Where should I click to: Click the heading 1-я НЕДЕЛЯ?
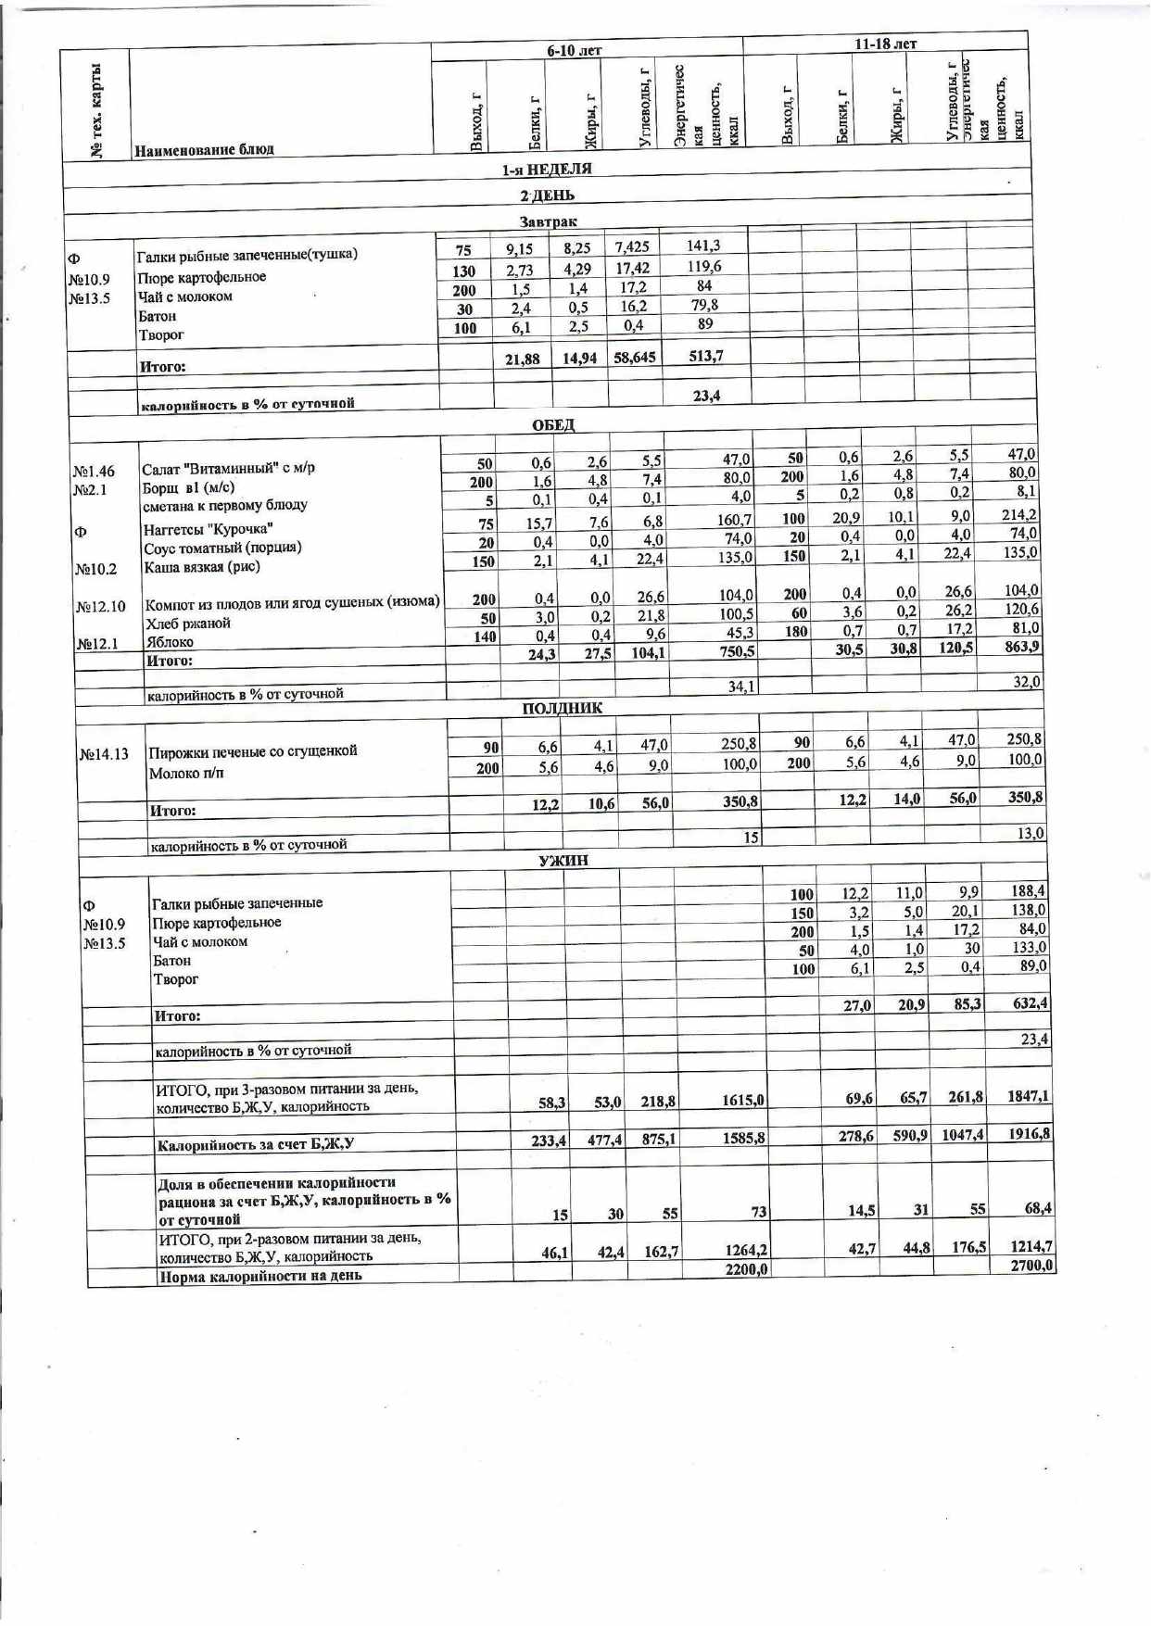point(547,170)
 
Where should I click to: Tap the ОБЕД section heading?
point(553,424)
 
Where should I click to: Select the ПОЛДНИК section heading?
point(562,708)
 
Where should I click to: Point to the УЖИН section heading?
point(563,860)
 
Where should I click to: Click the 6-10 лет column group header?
point(575,50)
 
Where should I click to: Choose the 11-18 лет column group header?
point(885,44)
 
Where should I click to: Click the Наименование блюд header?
point(204,149)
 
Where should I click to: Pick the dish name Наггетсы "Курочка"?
point(208,529)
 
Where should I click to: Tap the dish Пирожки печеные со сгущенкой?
point(253,750)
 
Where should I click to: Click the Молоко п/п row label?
point(186,773)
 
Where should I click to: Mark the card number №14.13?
point(104,754)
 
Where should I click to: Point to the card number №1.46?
point(94,472)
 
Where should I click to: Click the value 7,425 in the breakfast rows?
point(632,246)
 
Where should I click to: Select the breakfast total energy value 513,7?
point(706,356)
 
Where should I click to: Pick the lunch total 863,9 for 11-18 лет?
point(1022,647)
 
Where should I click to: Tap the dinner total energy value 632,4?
point(1030,1003)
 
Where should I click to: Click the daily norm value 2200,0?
point(746,1268)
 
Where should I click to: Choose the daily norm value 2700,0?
point(1032,1266)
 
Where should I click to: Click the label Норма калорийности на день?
point(260,1276)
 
